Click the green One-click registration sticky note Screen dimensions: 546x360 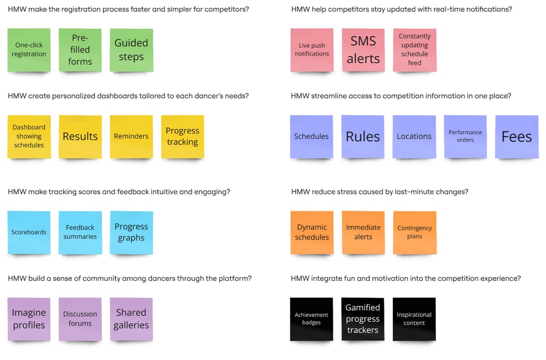pyautogui.click(x=29, y=50)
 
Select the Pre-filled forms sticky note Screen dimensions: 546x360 pyautogui.click(x=80, y=50)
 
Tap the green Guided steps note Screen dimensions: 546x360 pyautogui.click(x=131, y=50)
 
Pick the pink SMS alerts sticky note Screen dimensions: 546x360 pyautogui.click(x=363, y=50)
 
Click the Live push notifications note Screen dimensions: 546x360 pyautogui.click(x=312, y=50)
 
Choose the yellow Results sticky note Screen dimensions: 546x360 pyautogui.click(x=80, y=137)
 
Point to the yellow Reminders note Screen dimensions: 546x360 pyautogui.click(x=131, y=137)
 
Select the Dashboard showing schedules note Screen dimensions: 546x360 pyautogui.click(x=29, y=137)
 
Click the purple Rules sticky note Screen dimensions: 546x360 pyautogui.click(x=363, y=137)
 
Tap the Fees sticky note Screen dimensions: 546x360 pyautogui.click(x=517, y=137)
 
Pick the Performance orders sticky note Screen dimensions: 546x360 pyautogui.click(x=465, y=137)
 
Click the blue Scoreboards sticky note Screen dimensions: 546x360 pyautogui.click(x=29, y=232)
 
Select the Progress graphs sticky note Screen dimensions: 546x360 pyautogui.click(x=131, y=232)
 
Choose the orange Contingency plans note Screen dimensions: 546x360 pyautogui.click(x=414, y=232)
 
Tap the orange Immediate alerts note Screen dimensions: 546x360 pyautogui.click(x=363, y=232)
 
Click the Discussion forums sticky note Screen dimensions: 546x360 pyautogui.click(x=80, y=319)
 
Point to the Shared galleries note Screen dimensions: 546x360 pyautogui.click(x=131, y=319)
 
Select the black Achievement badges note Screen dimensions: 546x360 pyautogui.click(x=311, y=319)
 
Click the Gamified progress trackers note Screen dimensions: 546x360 pyautogui.click(x=363, y=319)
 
